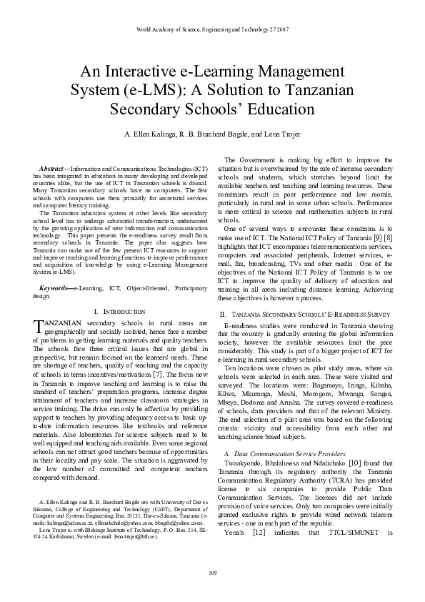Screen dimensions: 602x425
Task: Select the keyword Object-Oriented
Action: click(135, 287)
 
